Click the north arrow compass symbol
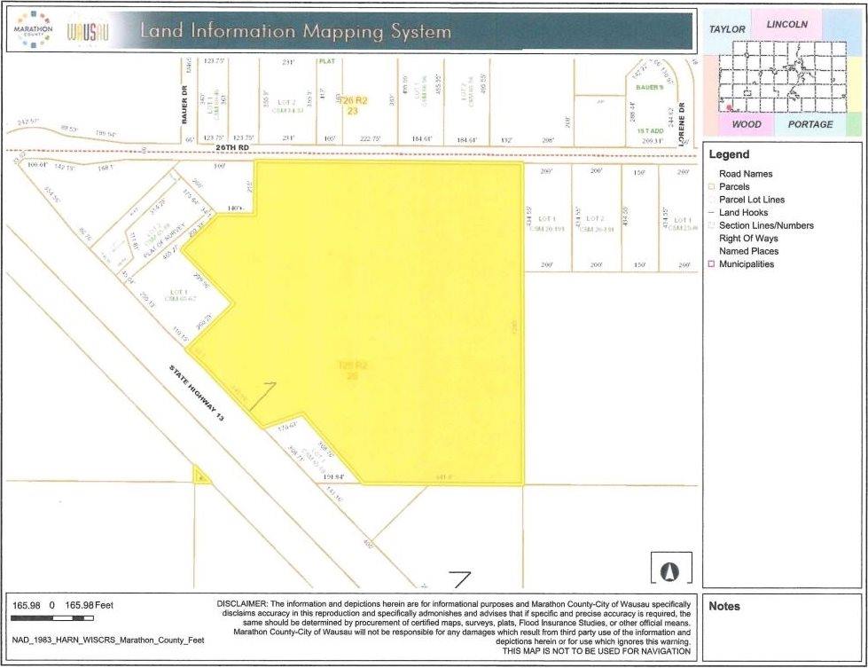(671, 570)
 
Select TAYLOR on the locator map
(727, 29)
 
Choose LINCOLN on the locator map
(786, 24)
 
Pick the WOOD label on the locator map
(747, 124)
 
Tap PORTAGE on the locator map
(810, 124)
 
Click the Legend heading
(729, 154)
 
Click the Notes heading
(724, 606)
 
